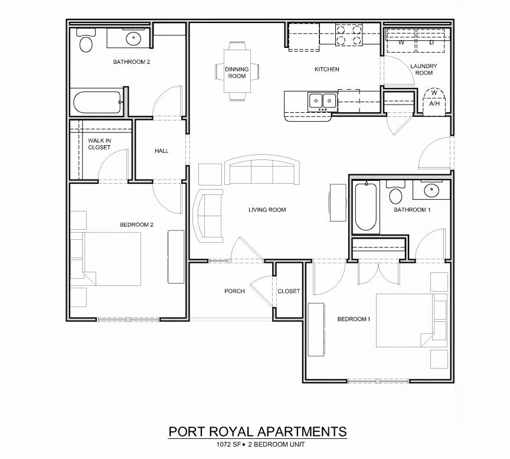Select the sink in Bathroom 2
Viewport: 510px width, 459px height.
pyautogui.click(x=133, y=40)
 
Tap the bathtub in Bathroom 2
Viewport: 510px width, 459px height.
pyautogui.click(x=97, y=103)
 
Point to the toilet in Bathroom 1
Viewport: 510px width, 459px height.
pyautogui.click(x=395, y=194)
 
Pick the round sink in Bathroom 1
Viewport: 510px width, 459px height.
pyautogui.click(x=431, y=191)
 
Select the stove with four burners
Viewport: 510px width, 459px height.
pyautogui.click(x=348, y=35)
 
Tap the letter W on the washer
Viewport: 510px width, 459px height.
pyautogui.click(x=401, y=43)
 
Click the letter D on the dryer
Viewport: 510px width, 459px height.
pyautogui.click(x=431, y=43)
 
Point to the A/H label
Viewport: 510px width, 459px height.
pyautogui.click(x=434, y=103)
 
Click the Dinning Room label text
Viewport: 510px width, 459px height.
pyautogui.click(x=237, y=73)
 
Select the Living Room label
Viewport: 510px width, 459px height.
pyautogui.click(x=267, y=210)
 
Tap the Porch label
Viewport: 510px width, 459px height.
pyautogui.click(x=234, y=291)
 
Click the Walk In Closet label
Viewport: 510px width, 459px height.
pyautogui.click(x=99, y=144)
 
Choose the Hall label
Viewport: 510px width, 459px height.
pyautogui.click(x=162, y=151)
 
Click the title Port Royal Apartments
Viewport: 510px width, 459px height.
pyautogui.click(x=257, y=431)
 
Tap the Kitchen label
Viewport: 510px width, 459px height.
pyautogui.click(x=326, y=70)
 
